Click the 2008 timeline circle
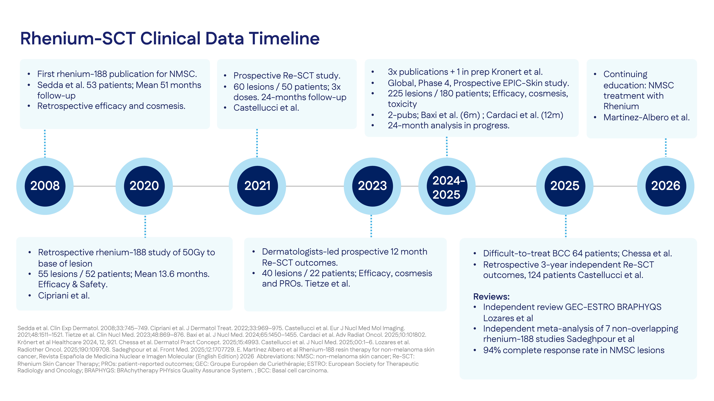point(45,186)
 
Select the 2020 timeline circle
point(144,186)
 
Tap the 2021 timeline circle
point(257,186)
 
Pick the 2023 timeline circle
point(372,186)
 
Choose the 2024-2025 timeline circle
point(447,186)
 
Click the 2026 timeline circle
point(666,186)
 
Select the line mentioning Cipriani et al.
point(64,296)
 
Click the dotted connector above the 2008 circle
point(45,143)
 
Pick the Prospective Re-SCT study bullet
point(287,76)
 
